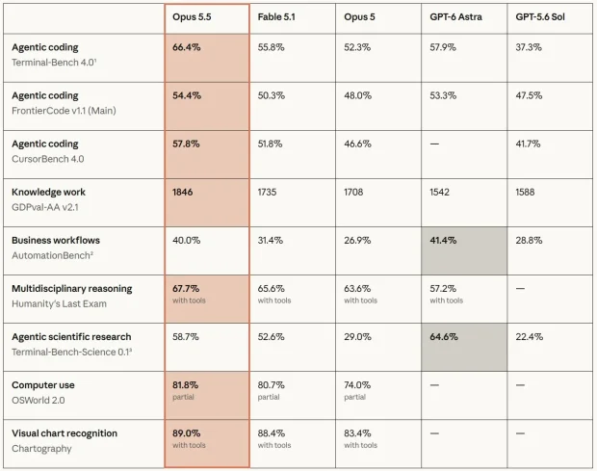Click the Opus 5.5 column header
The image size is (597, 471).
coord(192,17)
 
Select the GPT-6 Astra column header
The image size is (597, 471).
coord(455,17)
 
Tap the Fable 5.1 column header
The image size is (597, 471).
coord(276,17)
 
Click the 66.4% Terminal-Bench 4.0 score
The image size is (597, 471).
coord(187,47)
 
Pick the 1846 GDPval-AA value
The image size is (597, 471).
coord(182,192)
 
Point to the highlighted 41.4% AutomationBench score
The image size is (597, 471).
coord(443,240)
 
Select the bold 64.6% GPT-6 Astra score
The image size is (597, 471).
coord(444,337)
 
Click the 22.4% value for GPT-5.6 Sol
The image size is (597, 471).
coord(530,337)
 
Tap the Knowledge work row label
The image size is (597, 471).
coord(48,192)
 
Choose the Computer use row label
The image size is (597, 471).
coord(43,385)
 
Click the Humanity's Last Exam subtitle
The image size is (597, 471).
coord(59,303)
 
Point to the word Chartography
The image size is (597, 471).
coord(41,449)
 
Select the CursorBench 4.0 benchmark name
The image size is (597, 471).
coord(47,159)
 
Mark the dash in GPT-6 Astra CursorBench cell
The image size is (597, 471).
coord(434,144)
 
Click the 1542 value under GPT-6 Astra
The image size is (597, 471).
coord(439,192)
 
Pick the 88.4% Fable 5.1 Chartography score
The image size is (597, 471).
coord(272,433)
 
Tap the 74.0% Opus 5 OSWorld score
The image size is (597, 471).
coord(357,385)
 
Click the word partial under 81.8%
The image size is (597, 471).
coord(183,397)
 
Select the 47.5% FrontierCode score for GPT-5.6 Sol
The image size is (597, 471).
coord(529,95)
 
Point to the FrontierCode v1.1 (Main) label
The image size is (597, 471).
coord(64,111)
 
